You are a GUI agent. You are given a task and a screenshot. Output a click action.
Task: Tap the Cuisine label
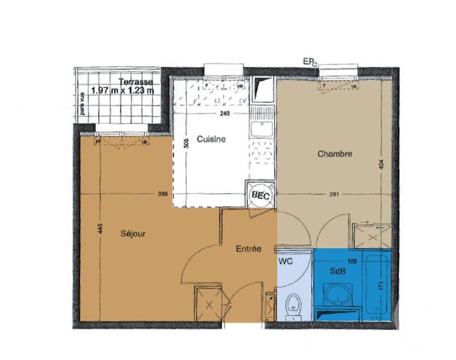212,139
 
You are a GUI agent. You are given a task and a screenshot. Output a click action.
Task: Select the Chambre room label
335,153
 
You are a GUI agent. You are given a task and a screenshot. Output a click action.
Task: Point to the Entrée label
248,249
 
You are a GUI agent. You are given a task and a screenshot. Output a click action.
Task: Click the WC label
286,262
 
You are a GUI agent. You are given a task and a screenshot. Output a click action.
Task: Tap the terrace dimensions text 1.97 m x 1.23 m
125,91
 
